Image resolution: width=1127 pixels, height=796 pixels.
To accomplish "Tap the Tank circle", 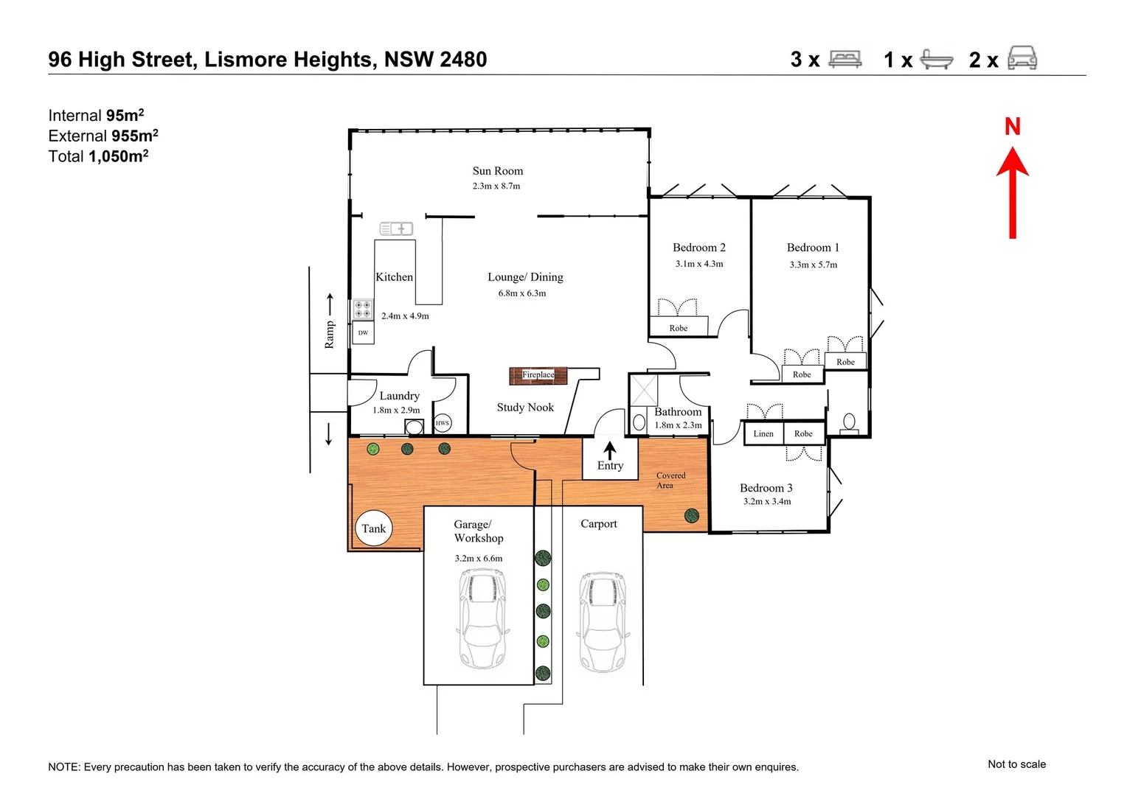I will pos(373,528).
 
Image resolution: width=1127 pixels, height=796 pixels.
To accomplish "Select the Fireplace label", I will pos(538,375).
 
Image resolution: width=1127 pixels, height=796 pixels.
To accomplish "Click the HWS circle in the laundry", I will pos(442,423).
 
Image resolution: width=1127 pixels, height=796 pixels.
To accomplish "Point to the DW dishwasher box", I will pos(363,332).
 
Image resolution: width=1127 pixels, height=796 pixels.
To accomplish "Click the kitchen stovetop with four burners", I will pos(362,309).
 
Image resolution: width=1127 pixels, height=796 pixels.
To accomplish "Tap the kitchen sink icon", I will pos(396,229).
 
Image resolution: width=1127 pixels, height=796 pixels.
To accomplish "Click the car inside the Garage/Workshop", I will pos(482,618).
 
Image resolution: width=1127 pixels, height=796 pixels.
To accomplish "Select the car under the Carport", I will pos(603,621).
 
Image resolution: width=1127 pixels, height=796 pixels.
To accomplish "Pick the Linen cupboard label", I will pos(763,434).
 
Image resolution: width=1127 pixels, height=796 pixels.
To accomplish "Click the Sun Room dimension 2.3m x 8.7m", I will pos(496,186).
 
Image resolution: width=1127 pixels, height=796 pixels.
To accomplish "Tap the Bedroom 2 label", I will pos(698,248).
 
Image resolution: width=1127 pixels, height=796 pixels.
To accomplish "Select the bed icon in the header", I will pos(845,59).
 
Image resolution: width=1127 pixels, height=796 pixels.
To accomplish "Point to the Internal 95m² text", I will pos(96,116).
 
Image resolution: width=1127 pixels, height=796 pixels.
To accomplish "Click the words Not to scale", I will pos(1016,764).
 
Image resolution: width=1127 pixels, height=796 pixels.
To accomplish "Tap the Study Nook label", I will pos(525,408).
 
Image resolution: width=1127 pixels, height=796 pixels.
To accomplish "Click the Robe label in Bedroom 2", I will pos(678,328).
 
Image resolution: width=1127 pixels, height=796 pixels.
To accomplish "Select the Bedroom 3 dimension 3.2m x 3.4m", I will pos(766,502).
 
